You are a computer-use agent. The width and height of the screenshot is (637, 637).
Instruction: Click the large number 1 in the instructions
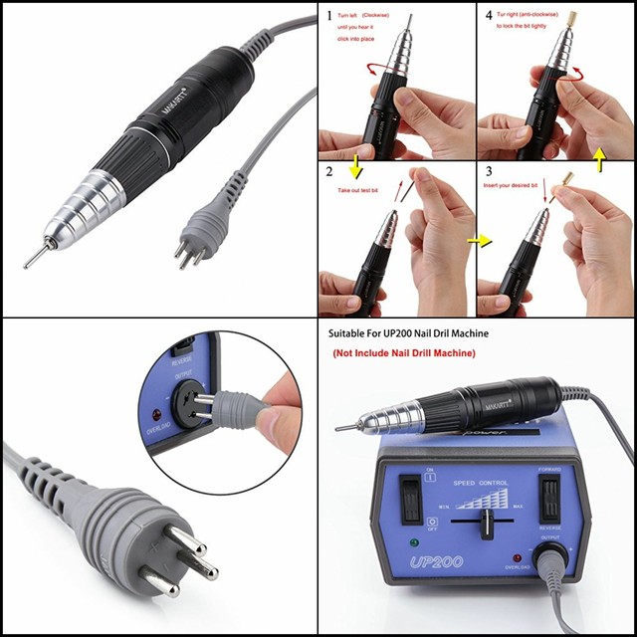(329, 17)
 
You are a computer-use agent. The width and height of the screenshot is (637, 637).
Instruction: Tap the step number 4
(488, 17)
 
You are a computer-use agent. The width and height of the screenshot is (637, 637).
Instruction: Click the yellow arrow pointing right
(482, 240)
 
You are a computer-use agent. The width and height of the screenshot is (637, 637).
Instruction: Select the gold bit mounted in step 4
(572, 18)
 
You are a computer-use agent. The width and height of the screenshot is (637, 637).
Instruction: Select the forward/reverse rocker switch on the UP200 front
(547, 497)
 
